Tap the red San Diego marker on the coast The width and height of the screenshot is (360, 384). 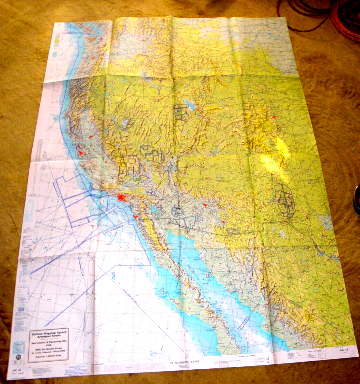pos(135,216)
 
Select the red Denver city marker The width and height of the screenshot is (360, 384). pos(274,117)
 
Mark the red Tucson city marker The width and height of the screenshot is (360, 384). pos(223,222)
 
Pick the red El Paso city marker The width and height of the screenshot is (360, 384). pos(286,222)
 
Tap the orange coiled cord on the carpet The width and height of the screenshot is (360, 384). pos(345,20)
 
